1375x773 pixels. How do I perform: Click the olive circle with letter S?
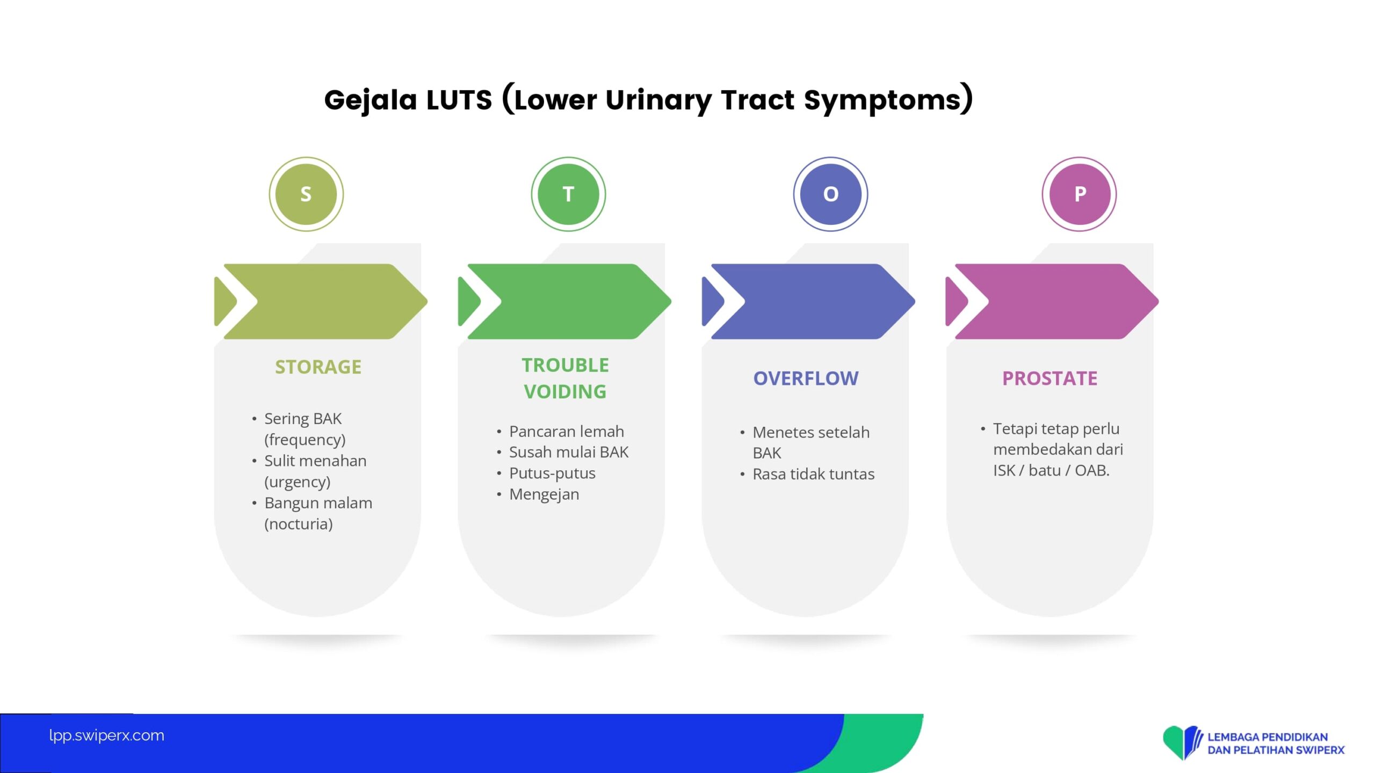coord(306,194)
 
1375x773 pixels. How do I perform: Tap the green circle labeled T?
coord(568,194)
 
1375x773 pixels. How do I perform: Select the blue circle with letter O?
coord(830,194)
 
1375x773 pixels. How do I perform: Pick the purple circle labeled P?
coord(1079,194)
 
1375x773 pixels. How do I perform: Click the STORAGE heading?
coord(318,367)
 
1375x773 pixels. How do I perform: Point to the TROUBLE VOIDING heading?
coord(565,378)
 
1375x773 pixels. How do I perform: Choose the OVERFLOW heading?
coord(806,378)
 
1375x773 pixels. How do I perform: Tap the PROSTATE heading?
coord(1050,378)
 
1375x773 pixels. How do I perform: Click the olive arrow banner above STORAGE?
coord(322,301)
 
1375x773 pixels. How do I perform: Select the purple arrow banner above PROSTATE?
coord(1053,301)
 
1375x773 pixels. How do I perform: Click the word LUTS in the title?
coord(459,100)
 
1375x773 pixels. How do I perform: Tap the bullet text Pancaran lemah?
coord(566,432)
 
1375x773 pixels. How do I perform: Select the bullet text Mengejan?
coord(544,494)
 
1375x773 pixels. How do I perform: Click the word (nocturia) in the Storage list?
coord(298,524)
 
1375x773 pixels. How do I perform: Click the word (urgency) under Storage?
coord(297,482)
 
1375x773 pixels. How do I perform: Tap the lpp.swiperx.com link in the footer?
coord(106,735)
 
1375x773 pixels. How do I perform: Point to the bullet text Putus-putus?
coord(552,473)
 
